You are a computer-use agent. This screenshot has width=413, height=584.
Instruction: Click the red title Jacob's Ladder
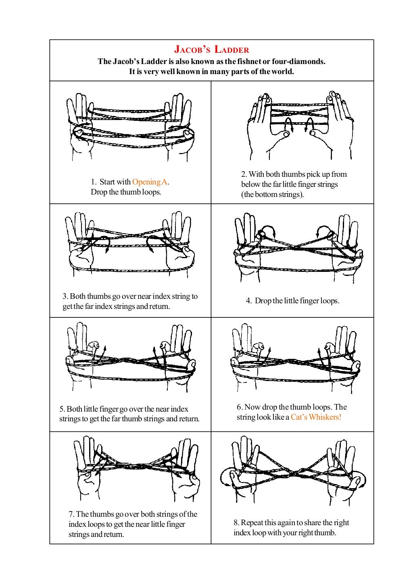(211, 50)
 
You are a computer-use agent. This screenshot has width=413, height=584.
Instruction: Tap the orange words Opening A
(149, 182)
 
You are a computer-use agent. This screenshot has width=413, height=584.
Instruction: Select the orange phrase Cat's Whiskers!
(316, 417)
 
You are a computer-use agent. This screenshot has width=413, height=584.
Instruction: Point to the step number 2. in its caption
(244, 174)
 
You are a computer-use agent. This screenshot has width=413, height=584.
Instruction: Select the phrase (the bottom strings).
(272, 195)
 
